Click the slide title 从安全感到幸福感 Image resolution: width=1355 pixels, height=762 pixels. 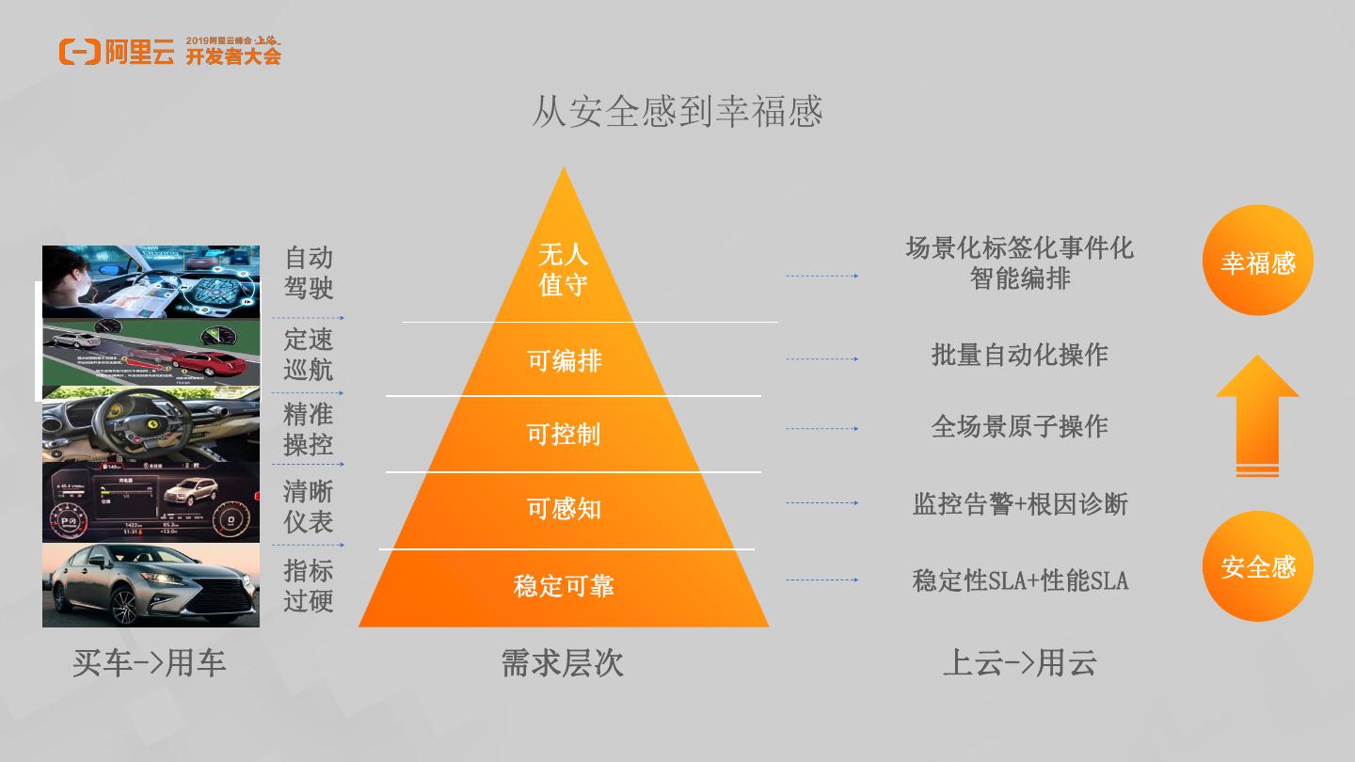pos(677,111)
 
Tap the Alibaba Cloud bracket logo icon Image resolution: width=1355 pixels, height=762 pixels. pos(79,52)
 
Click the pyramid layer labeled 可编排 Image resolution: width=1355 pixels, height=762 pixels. pos(564,360)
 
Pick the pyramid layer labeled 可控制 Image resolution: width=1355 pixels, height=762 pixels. pos(563,434)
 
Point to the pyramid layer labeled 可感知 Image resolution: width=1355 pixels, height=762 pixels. pos(563,509)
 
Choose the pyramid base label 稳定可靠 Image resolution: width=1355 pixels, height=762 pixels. pos(563,586)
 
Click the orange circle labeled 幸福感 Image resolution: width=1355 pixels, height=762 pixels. pos(1258,261)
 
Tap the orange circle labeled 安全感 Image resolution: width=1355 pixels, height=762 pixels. pos(1258,566)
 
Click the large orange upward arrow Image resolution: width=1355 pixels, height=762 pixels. pos(1257,414)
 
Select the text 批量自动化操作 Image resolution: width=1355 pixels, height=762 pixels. pos(1019,355)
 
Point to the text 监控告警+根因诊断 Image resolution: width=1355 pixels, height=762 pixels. pos(1019,504)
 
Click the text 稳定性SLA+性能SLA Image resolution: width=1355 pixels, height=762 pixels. pos(1019,580)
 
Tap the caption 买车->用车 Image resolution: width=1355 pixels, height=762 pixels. pos(150,663)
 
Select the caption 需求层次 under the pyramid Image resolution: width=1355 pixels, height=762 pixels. pos(562,663)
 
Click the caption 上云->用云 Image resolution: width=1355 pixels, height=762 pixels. pos(1019,663)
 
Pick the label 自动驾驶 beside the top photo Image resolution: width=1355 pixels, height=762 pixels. pos(309,272)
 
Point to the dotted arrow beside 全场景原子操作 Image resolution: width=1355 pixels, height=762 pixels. pos(821,429)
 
